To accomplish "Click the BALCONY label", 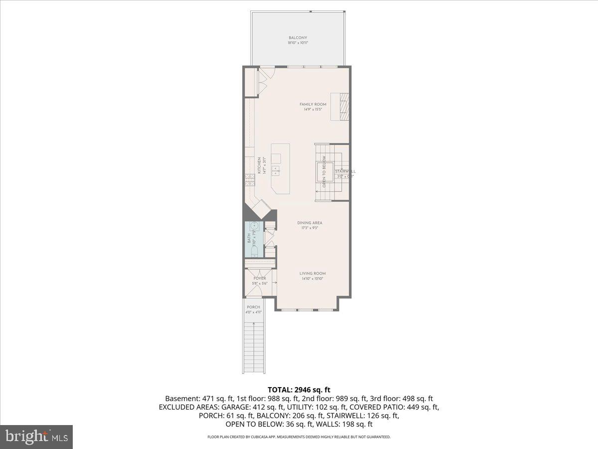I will coord(298,38).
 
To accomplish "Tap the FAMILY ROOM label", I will coord(312,104).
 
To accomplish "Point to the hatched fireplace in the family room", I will coord(343,106).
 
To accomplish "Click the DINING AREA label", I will coord(309,223).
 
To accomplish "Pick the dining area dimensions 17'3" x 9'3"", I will coord(309,228).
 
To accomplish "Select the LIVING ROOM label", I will coord(312,273).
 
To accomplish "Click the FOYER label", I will coord(260,278).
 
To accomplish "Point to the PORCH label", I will coord(254,307).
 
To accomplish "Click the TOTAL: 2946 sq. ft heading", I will coord(299,390).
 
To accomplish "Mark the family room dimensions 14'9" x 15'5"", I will coord(312,109).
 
